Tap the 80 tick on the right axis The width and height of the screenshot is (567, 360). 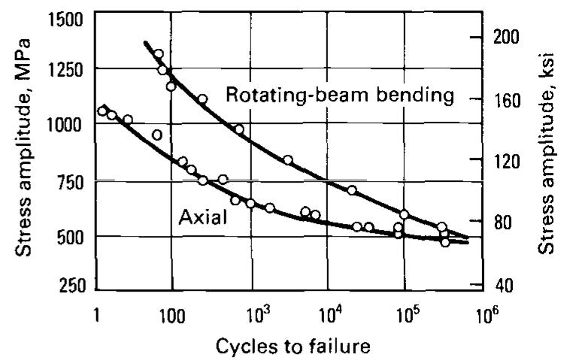(499, 222)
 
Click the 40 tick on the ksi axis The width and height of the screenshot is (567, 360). (499, 286)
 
